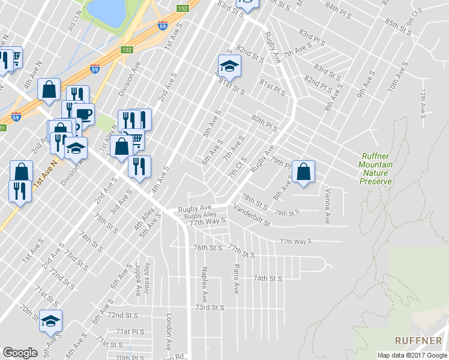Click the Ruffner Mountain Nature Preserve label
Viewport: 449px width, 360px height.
pos(375,169)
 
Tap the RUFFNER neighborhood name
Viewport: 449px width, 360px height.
pos(418,340)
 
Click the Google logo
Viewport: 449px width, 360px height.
pos(20,353)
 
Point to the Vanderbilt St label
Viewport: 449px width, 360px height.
pos(252,217)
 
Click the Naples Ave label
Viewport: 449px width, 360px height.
pos(205,284)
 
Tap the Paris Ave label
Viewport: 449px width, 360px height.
pos(237,279)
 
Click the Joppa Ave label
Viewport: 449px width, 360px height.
pos(137,280)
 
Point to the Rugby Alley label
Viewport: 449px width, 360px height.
pos(200,215)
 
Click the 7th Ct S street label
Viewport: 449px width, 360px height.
pos(237,170)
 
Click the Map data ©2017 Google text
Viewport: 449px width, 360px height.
pos(411,355)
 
